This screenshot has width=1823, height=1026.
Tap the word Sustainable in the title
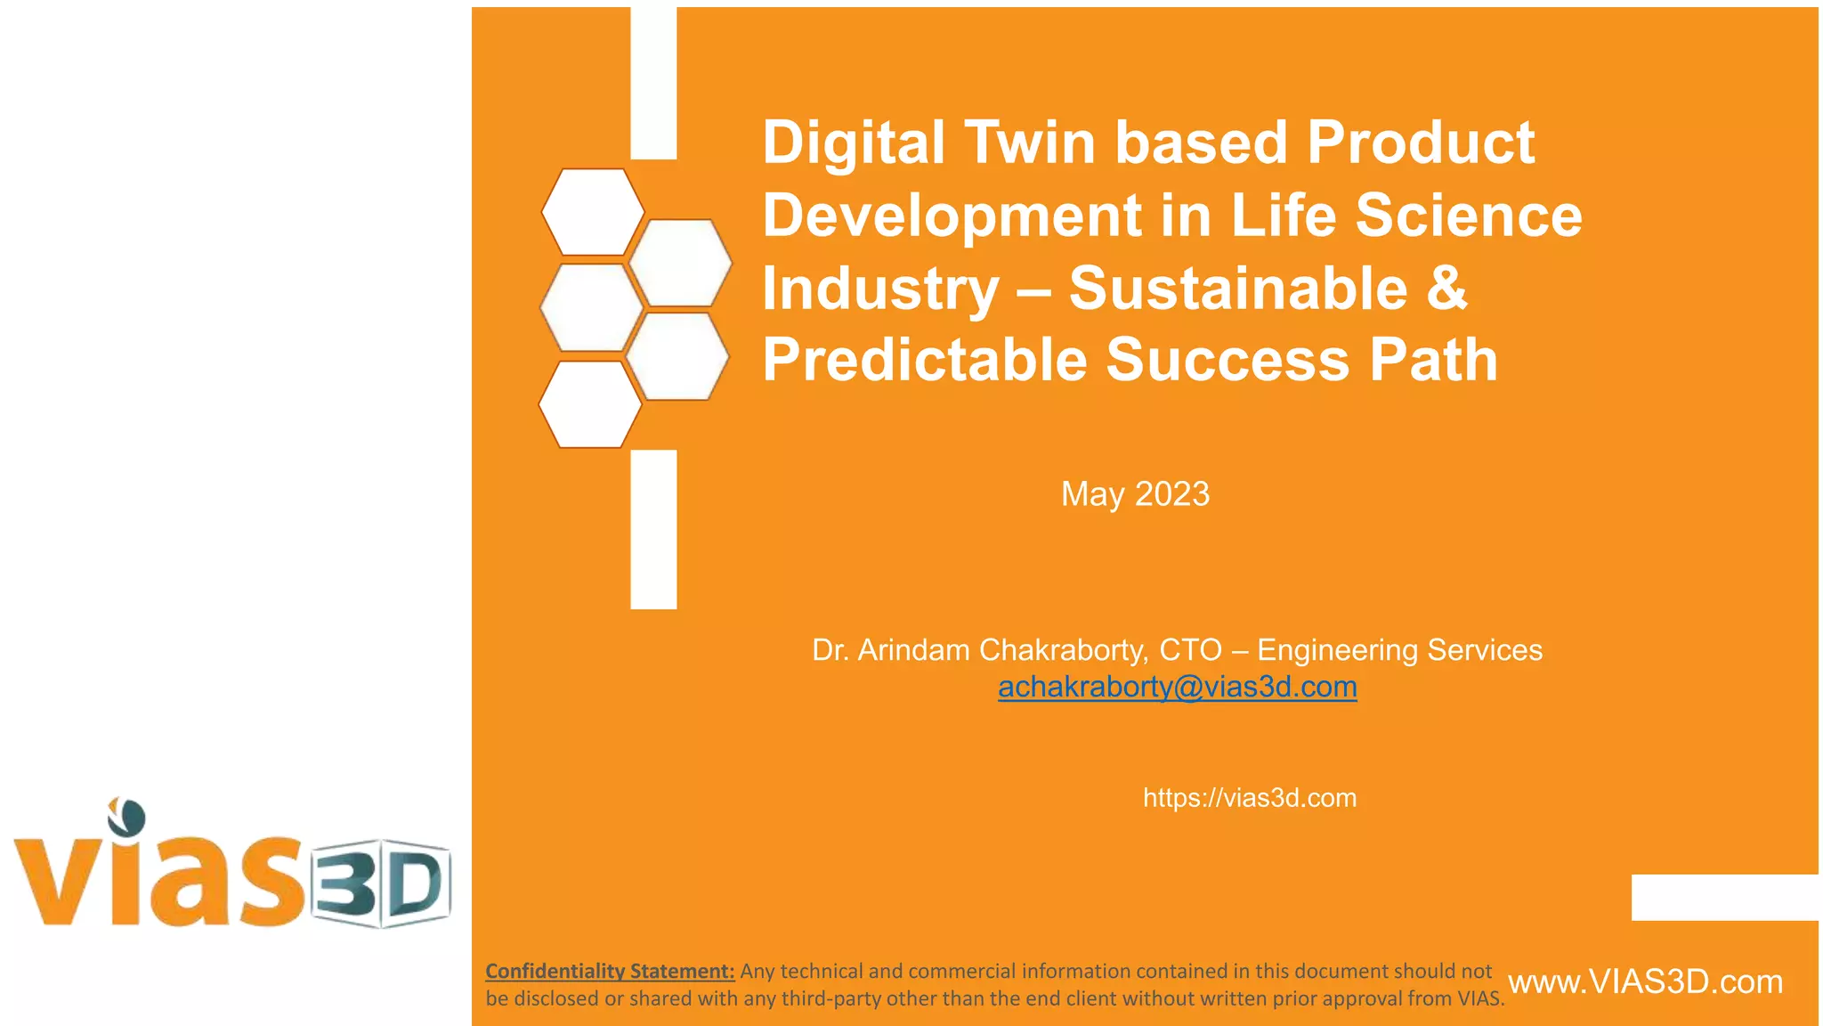tap(1237, 289)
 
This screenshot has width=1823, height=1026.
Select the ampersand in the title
tap(1447, 289)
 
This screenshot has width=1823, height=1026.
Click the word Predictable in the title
tap(924, 361)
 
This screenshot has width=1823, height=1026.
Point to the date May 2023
tap(1135, 494)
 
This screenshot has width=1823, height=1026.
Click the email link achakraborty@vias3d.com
tap(1177, 687)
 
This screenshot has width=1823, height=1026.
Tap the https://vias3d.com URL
tap(1249, 797)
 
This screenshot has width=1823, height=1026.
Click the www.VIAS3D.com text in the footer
tap(1645, 981)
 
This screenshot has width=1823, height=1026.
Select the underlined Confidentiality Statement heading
tap(610, 971)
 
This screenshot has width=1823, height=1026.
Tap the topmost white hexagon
tap(593, 212)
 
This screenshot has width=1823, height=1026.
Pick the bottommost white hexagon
tap(589, 403)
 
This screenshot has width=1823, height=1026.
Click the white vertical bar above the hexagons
tap(653, 83)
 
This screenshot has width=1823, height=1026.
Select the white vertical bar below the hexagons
tap(653, 529)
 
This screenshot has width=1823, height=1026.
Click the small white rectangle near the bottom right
tap(1723, 897)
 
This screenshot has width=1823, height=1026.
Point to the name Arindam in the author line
tap(913, 650)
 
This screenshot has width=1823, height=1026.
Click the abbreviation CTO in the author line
tap(1190, 650)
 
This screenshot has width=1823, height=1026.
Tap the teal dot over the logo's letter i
tap(130, 815)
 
